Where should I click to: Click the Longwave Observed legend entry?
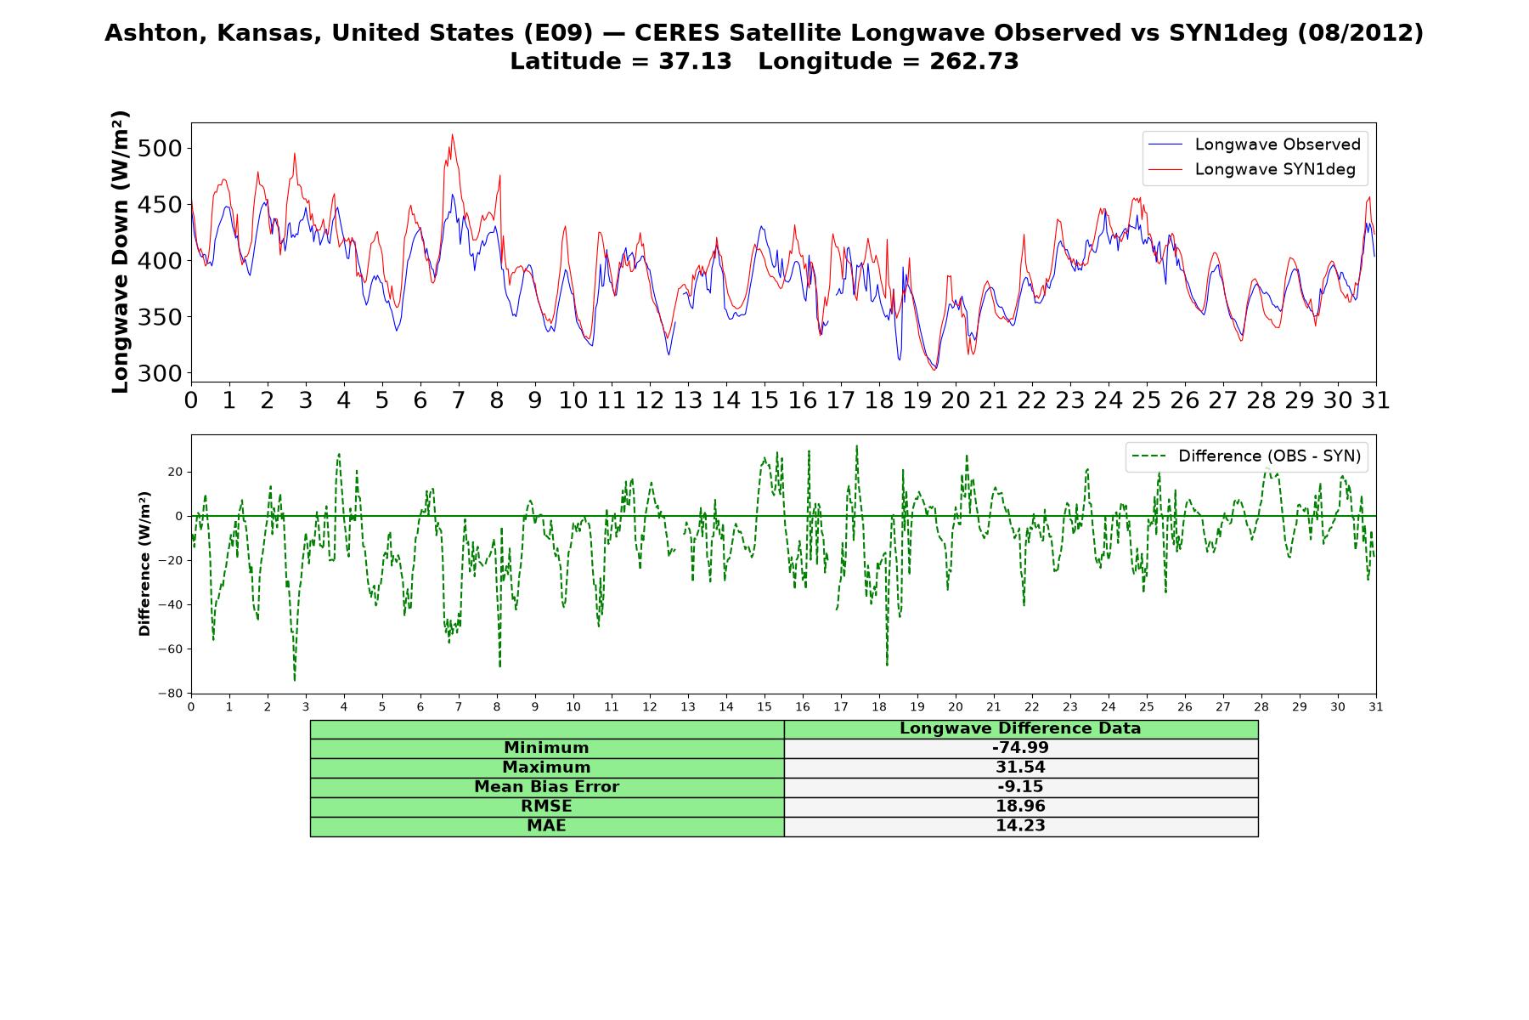(1254, 144)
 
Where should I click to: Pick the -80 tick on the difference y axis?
(169, 694)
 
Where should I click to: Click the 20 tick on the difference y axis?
(174, 472)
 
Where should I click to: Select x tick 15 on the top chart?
(764, 400)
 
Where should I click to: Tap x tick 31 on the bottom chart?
(1376, 707)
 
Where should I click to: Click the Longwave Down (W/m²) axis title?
(121, 252)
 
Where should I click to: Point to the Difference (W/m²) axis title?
(144, 564)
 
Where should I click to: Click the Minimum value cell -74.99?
(1020, 748)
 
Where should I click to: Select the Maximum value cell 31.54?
(1020, 768)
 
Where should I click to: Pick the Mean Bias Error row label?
(546, 787)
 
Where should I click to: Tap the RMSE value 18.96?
(1020, 807)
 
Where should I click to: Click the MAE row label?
(546, 826)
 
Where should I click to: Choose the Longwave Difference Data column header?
(1020, 728)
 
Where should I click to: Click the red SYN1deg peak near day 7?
(452, 134)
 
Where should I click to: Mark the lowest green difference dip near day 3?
(295, 680)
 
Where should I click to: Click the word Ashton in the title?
(155, 33)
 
